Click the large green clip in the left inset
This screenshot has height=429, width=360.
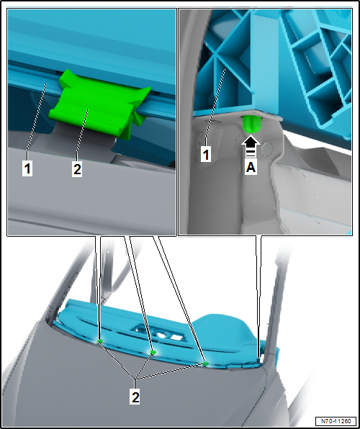point(99,103)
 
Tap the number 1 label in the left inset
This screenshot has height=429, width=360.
point(27,169)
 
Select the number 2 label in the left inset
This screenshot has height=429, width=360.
point(77,169)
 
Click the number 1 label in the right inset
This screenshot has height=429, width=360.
point(206,155)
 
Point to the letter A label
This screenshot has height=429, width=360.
point(251,168)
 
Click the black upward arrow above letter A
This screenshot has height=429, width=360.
point(251,143)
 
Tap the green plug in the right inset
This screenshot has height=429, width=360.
point(250,125)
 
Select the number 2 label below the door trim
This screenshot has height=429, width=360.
point(135,397)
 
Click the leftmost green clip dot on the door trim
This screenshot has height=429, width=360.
point(100,341)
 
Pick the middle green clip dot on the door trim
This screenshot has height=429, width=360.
point(153,353)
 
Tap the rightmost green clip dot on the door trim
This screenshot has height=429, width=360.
point(206,363)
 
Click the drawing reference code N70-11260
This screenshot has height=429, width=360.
point(336,421)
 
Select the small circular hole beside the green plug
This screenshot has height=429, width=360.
point(267,149)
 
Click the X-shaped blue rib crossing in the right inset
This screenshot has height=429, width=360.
point(217,54)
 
